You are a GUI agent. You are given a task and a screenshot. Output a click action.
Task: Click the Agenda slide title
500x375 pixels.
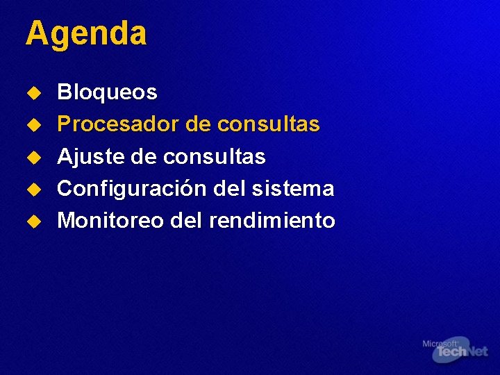[86, 33]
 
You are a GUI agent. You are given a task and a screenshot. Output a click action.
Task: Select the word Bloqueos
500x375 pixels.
[107, 92]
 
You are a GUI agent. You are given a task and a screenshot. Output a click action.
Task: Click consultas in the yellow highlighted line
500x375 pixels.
[268, 124]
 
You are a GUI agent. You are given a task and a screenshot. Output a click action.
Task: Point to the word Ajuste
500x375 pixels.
[86, 157]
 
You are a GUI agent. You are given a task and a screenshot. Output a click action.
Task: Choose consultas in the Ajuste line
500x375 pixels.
[214, 157]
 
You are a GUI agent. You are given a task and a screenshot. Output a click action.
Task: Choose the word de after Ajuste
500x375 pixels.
[143, 157]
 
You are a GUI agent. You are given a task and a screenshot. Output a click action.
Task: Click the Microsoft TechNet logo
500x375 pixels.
[455, 349]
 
